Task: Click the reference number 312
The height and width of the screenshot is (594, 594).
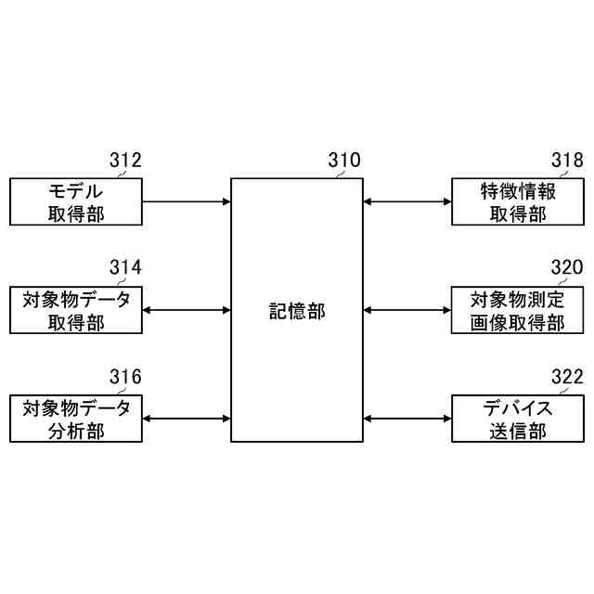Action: [125, 161]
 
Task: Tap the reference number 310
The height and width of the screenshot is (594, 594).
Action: [344, 161]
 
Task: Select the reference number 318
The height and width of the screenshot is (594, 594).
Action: [566, 161]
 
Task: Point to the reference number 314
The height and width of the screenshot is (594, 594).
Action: [125, 268]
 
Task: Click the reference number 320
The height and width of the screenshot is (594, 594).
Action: [566, 268]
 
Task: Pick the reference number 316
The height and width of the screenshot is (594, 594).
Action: [125, 376]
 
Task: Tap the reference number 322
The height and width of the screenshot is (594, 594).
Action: [566, 376]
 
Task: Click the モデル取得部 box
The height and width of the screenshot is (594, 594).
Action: [76, 202]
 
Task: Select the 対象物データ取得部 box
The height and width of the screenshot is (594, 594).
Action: [76, 310]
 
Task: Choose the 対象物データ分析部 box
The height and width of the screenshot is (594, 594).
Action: [76, 418]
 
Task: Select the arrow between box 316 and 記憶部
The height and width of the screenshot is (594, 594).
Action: [187, 418]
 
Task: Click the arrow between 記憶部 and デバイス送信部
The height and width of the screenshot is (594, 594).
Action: [407, 418]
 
